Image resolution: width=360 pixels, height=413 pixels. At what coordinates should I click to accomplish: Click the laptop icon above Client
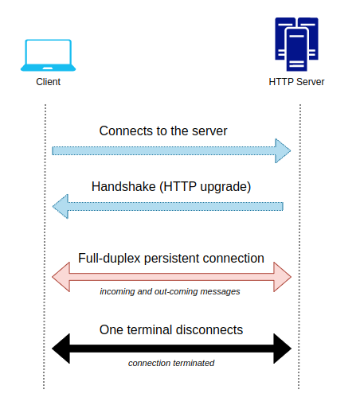pyautogui.click(x=48, y=55)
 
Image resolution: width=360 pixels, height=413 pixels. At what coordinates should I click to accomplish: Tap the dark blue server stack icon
pyautogui.click(x=296, y=45)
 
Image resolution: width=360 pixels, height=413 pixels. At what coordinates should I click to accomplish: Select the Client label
pyautogui.click(x=48, y=82)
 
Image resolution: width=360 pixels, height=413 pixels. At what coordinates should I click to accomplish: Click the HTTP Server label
pyautogui.click(x=296, y=82)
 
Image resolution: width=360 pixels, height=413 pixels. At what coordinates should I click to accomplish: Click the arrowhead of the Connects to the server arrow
pyautogui.click(x=283, y=150)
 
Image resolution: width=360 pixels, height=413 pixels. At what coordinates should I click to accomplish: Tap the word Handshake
pyautogui.click(x=123, y=186)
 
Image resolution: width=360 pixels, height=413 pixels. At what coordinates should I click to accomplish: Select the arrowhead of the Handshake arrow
pyautogui.click(x=61, y=206)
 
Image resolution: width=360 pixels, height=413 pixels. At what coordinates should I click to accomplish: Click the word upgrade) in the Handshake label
pyautogui.click(x=225, y=187)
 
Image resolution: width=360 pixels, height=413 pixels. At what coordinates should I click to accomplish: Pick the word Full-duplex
pyautogui.click(x=109, y=259)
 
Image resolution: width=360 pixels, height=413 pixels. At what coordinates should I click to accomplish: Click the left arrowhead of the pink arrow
pyautogui.click(x=61, y=277)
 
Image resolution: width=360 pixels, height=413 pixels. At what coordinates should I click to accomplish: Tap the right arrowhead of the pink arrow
pyautogui.click(x=283, y=277)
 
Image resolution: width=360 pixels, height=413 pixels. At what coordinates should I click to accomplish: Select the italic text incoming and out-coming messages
pyautogui.click(x=170, y=291)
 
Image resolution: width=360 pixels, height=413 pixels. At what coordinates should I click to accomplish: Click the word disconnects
pyautogui.click(x=209, y=330)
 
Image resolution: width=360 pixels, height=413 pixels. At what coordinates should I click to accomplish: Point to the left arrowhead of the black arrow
pyautogui.click(x=61, y=349)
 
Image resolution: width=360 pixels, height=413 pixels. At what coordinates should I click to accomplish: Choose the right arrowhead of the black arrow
pyautogui.click(x=283, y=349)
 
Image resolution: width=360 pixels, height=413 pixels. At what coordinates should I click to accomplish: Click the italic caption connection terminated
pyautogui.click(x=171, y=363)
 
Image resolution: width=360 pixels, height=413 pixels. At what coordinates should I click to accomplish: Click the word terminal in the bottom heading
pyautogui.click(x=150, y=330)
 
